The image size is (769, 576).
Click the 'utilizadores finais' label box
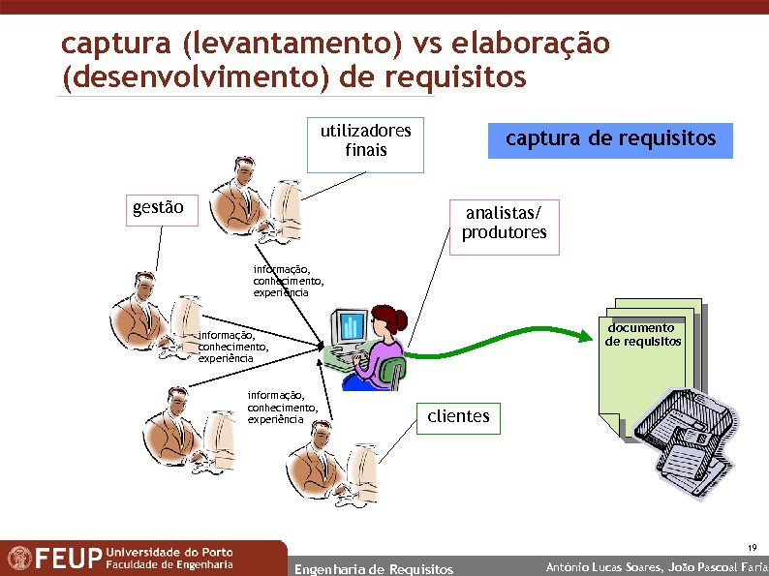coord(365,141)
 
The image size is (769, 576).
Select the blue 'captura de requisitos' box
coord(610,139)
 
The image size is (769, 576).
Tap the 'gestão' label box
coord(163,208)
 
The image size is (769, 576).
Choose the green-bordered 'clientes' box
coord(458,417)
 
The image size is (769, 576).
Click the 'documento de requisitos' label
coord(643,335)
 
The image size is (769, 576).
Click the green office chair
coord(393,372)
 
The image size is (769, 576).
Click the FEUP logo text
coord(68,559)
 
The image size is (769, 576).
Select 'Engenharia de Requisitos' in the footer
coord(373,569)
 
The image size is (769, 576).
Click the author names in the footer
coord(657,566)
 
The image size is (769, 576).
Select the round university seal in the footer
coord(17,559)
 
